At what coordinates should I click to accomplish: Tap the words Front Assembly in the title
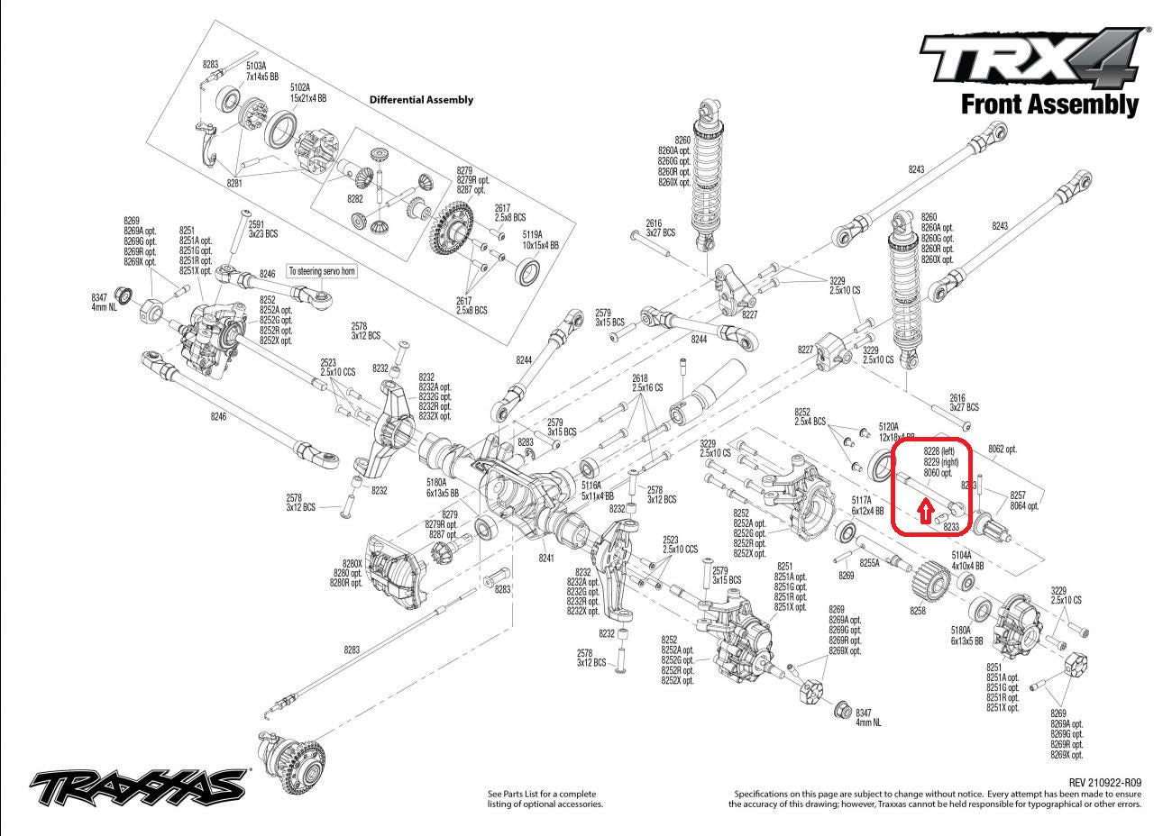pyautogui.click(x=1049, y=104)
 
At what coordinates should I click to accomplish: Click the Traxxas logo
pyautogui.click(x=139, y=787)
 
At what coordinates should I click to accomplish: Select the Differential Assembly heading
pyautogui.click(x=421, y=100)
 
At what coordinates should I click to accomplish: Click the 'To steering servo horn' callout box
pyautogui.click(x=322, y=270)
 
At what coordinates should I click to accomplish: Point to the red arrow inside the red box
pyautogui.click(x=923, y=511)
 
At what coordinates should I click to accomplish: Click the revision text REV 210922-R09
pyautogui.click(x=1104, y=783)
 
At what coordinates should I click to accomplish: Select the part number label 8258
pyautogui.click(x=917, y=611)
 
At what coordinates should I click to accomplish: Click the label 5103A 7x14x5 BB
pyautogui.click(x=268, y=72)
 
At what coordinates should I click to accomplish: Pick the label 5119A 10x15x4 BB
pyautogui.click(x=541, y=239)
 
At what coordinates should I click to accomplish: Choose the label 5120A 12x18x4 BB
pyautogui.click(x=890, y=431)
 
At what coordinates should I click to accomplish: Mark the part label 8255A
pyautogui.click(x=869, y=563)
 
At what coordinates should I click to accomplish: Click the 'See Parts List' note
pyautogui.click(x=545, y=798)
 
